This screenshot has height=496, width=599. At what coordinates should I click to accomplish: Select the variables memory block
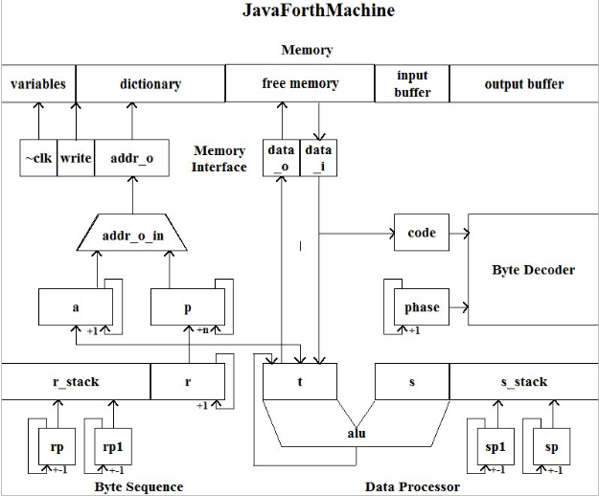pos(38,83)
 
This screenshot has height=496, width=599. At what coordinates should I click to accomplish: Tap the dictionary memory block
pos(150,83)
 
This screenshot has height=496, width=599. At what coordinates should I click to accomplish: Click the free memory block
pos(300,83)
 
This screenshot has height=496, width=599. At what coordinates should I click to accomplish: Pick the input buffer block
pos(412,83)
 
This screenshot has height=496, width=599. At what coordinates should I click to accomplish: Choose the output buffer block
pos(523,83)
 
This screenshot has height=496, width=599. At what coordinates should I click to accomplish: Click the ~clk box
pos(38,159)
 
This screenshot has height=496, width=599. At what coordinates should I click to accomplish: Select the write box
pos(76,159)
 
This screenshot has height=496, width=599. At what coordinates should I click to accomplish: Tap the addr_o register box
pos(131,159)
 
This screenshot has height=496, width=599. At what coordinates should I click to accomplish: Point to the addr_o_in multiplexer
pos(131,235)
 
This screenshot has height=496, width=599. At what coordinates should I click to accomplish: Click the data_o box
pos(281,158)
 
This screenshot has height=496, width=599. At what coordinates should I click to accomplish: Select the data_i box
pos(317,158)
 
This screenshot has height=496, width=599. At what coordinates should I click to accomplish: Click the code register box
pos(421,233)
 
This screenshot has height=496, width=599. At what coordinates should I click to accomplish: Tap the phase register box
pos(421,307)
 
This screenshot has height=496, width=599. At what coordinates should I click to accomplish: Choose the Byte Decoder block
pos(533,270)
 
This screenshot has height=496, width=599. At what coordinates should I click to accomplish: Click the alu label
pos(356,433)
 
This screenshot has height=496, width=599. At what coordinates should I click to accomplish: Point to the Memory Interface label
pos(219,159)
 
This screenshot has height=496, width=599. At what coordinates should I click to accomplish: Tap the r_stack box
pos(76,382)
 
